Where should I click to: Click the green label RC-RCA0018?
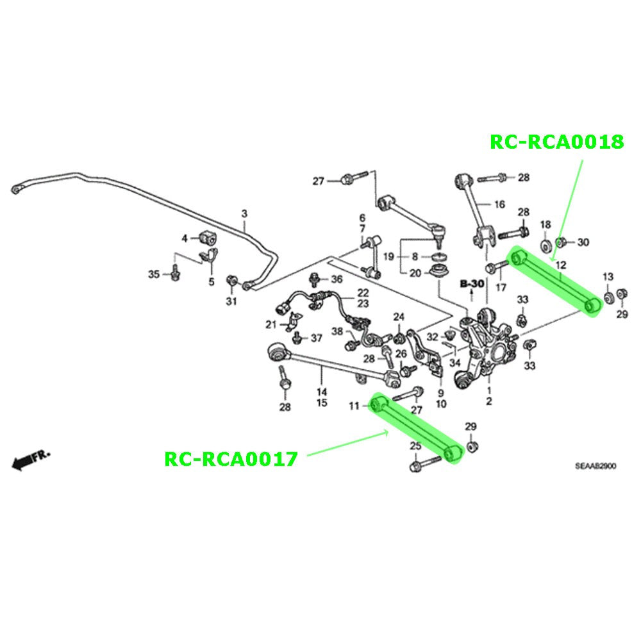point(557,142)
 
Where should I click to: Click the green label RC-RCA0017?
point(231,459)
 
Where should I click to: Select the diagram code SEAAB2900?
point(595,466)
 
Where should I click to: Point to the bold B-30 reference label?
point(472,283)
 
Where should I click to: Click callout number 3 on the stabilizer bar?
point(244,213)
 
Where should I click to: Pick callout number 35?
point(154,274)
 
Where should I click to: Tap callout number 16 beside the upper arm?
point(499,204)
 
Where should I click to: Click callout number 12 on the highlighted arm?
point(561,265)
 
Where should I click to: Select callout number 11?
point(354,406)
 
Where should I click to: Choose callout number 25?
point(416,445)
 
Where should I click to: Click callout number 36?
point(337,279)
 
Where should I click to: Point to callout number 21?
point(271,324)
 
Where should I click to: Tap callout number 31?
point(231,301)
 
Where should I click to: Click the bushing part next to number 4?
point(208,237)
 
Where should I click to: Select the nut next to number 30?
point(561,242)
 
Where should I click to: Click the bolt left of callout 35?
point(176,272)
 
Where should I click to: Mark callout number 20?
point(415,272)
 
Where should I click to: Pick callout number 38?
point(337,331)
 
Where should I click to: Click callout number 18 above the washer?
point(545,224)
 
